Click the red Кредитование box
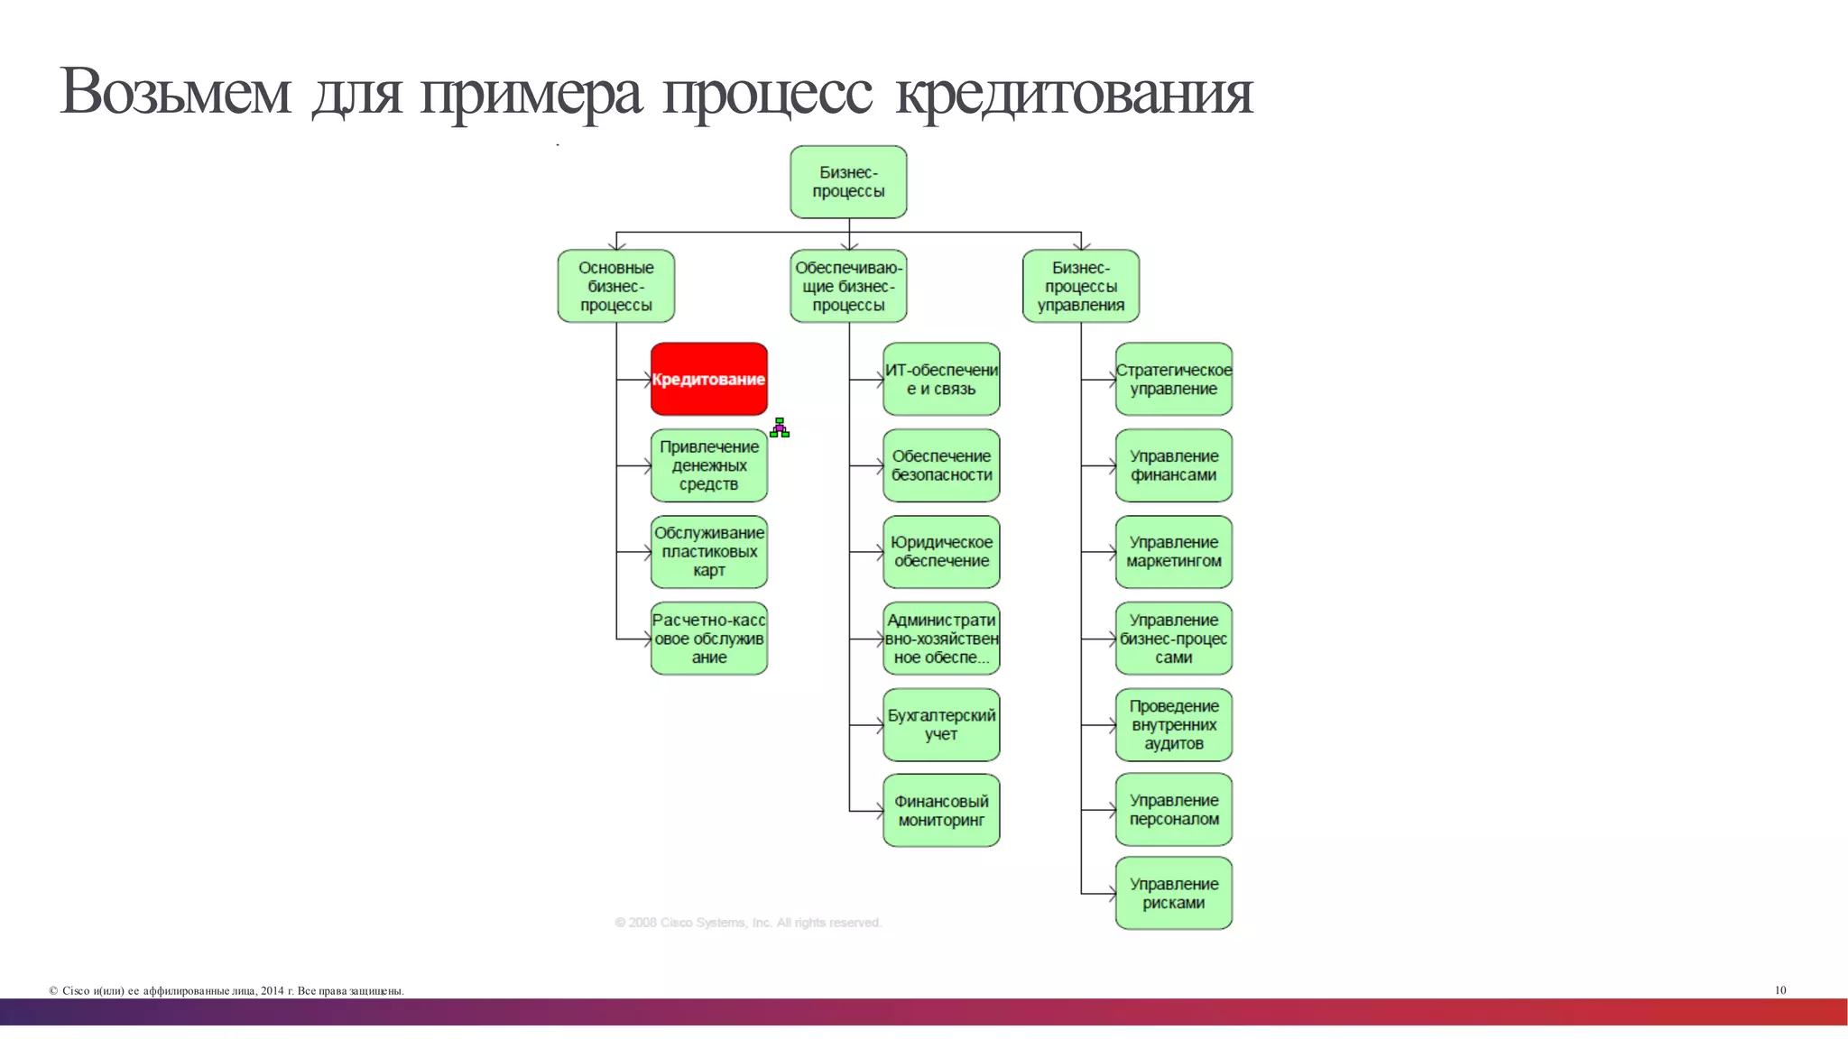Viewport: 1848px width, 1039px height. (709, 379)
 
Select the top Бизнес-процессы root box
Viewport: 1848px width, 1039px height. (848, 182)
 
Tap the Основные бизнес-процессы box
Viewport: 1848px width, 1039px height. (616, 286)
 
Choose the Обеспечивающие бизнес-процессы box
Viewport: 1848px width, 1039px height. (848, 286)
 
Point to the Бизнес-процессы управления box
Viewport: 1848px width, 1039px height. (1081, 286)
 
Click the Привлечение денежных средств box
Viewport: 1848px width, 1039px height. (709, 465)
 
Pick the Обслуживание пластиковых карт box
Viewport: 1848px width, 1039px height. (709, 552)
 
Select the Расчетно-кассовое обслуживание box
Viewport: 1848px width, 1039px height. (709, 639)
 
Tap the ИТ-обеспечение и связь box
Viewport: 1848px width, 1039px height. (941, 379)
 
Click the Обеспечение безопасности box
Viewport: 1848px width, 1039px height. (941, 465)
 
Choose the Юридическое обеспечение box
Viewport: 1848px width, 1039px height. (941, 552)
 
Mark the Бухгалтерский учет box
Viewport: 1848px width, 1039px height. (941, 724)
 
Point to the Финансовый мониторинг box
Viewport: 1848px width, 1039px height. (941, 811)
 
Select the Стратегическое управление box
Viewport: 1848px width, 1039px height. (1174, 379)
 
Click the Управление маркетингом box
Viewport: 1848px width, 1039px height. (1174, 552)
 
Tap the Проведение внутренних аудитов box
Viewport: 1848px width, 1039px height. (1174, 724)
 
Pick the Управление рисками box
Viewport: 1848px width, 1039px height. (1174, 893)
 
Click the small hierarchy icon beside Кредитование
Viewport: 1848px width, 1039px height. (780, 428)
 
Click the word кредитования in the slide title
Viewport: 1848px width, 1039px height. (1074, 92)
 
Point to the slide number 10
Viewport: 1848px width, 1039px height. (1780, 990)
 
